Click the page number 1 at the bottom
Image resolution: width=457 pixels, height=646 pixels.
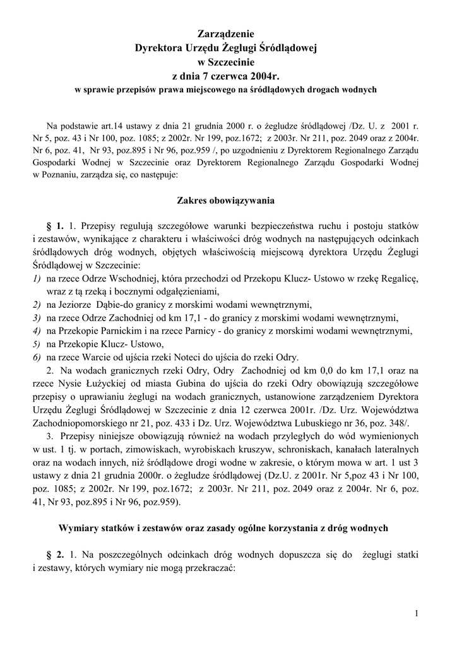click(417, 613)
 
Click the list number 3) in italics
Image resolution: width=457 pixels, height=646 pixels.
click(37, 317)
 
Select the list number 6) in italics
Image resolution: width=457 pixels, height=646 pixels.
click(37, 356)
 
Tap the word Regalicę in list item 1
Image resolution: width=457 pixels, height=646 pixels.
click(400, 278)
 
